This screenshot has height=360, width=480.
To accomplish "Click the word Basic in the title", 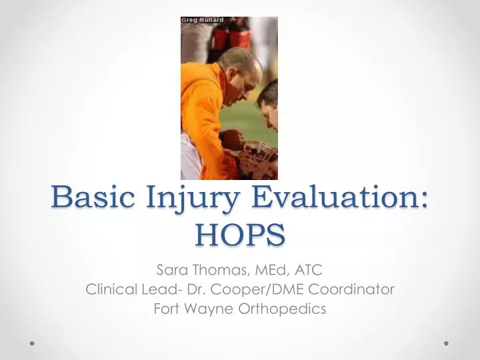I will pos(91,198).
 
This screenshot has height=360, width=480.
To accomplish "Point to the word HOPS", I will pos(240,233).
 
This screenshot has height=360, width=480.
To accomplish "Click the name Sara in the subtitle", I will pos(169,270).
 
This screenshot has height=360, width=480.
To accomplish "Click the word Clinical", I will pos(111,290).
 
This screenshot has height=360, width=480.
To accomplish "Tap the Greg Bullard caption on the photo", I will pos(203,20).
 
